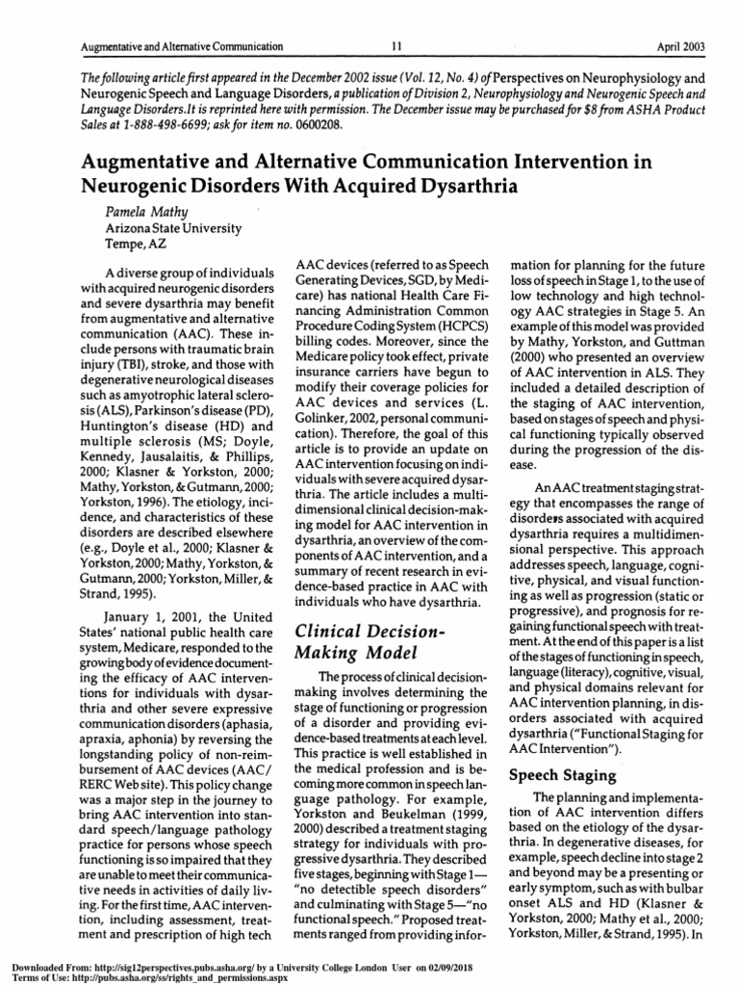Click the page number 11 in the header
coord(395,45)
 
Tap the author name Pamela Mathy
coord(146,210)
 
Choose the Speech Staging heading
coord(561,774)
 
